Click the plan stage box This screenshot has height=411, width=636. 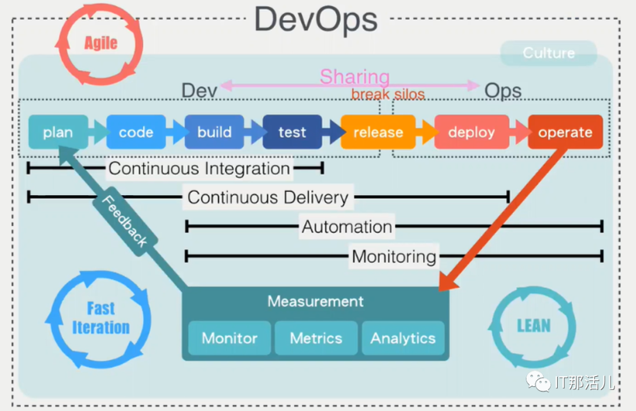[x=58, y=132]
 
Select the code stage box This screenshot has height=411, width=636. [x=136, y=132]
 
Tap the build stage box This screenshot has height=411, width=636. [x=214, y=132]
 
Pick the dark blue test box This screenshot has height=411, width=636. [x=292, y=132]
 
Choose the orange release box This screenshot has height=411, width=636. [x=378, y=132]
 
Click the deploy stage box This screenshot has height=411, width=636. [x=471, y=132]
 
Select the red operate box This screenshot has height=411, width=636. [x=565, y=132]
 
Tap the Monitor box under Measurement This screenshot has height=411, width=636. [x=229, y=338]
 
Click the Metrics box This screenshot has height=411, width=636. [x=316, y=338]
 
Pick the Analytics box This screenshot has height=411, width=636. [x=403, y=338]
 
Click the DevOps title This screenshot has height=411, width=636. [x=316, y=19]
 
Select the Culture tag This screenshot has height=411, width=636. [x=548, y=53]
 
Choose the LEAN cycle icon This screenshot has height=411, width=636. [x=533, y=326]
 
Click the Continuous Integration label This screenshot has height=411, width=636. [x=199, y=169]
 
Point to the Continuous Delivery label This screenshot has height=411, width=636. [x=268, y=198]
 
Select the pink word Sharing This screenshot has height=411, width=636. [x=355, y=77]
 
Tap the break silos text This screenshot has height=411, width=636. [x=388, y=94]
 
